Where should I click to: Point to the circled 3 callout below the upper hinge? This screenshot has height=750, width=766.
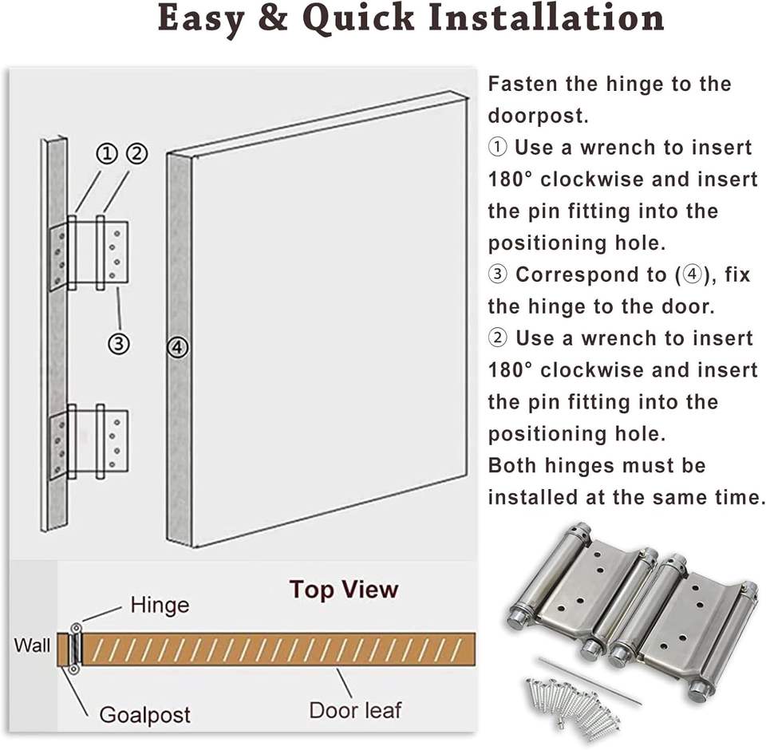[x=119, y=344]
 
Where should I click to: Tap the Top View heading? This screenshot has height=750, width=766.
[x=343, y=590]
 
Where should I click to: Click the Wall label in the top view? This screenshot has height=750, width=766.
[x=32, y=645]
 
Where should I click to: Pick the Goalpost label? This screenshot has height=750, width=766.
[x=144, y=713]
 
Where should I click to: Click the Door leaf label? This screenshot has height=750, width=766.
[x=355, y=709]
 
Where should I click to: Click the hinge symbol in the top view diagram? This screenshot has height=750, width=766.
[x=74, y=649]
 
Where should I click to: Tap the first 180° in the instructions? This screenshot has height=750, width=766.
[x=511, y=179]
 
